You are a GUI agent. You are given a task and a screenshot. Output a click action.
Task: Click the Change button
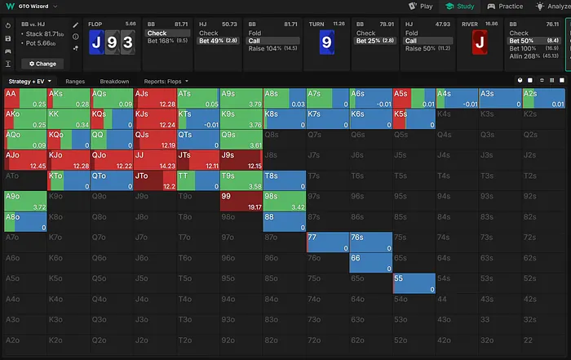click(x=42, y=63)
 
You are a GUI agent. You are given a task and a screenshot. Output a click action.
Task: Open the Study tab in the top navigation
click(x=461, y=6)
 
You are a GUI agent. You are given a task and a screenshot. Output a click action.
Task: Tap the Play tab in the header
click(x=420, y=6)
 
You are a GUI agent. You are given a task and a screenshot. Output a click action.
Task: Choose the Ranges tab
click(x=75, y=82)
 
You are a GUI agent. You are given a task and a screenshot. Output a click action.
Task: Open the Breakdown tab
click(x=114, y=82)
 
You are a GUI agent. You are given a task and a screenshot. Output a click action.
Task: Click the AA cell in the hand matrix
click(x=24, y=98)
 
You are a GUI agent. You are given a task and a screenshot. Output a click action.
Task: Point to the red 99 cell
click(x=241, y=201)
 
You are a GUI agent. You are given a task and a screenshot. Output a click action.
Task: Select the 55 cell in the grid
click(x=413, y=283)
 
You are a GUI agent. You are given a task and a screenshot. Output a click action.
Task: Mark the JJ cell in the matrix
click(x=154, y=160)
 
